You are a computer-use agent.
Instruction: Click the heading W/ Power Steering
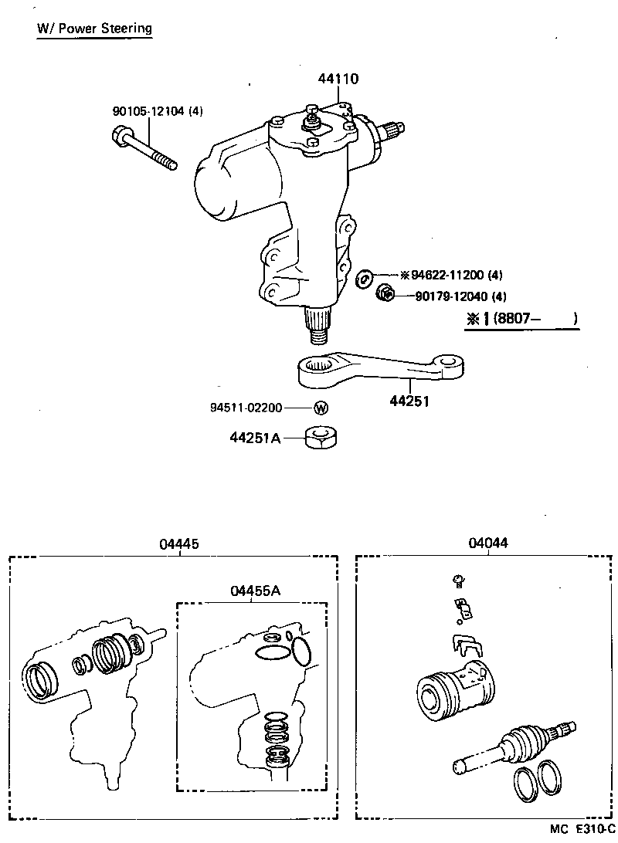[x=95, y=29]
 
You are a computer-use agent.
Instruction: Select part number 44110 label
[x=338, y=79]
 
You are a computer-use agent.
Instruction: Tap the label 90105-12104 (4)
[x=158, y=112]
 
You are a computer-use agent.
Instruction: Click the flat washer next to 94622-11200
[x=365, y=277]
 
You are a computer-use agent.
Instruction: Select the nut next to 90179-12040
[x=385, y=293]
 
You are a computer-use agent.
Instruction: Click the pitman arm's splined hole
[x=318, y=364]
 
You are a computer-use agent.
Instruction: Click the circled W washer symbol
[x=321, y=408]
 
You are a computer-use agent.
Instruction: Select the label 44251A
[x=254, y=438]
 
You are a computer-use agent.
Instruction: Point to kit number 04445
[x=179, y=543]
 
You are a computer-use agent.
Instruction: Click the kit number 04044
[x=488, y=543]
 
